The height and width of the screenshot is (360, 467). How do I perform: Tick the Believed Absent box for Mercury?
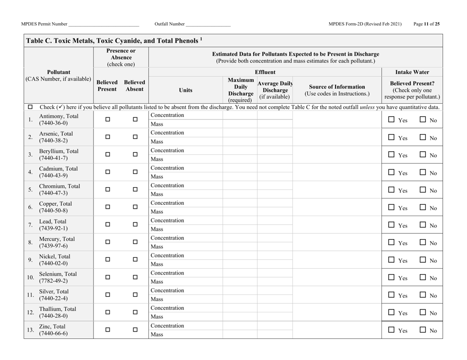[x=135, y=243]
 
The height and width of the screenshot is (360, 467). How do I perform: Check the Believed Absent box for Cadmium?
[x=135, y=172]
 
